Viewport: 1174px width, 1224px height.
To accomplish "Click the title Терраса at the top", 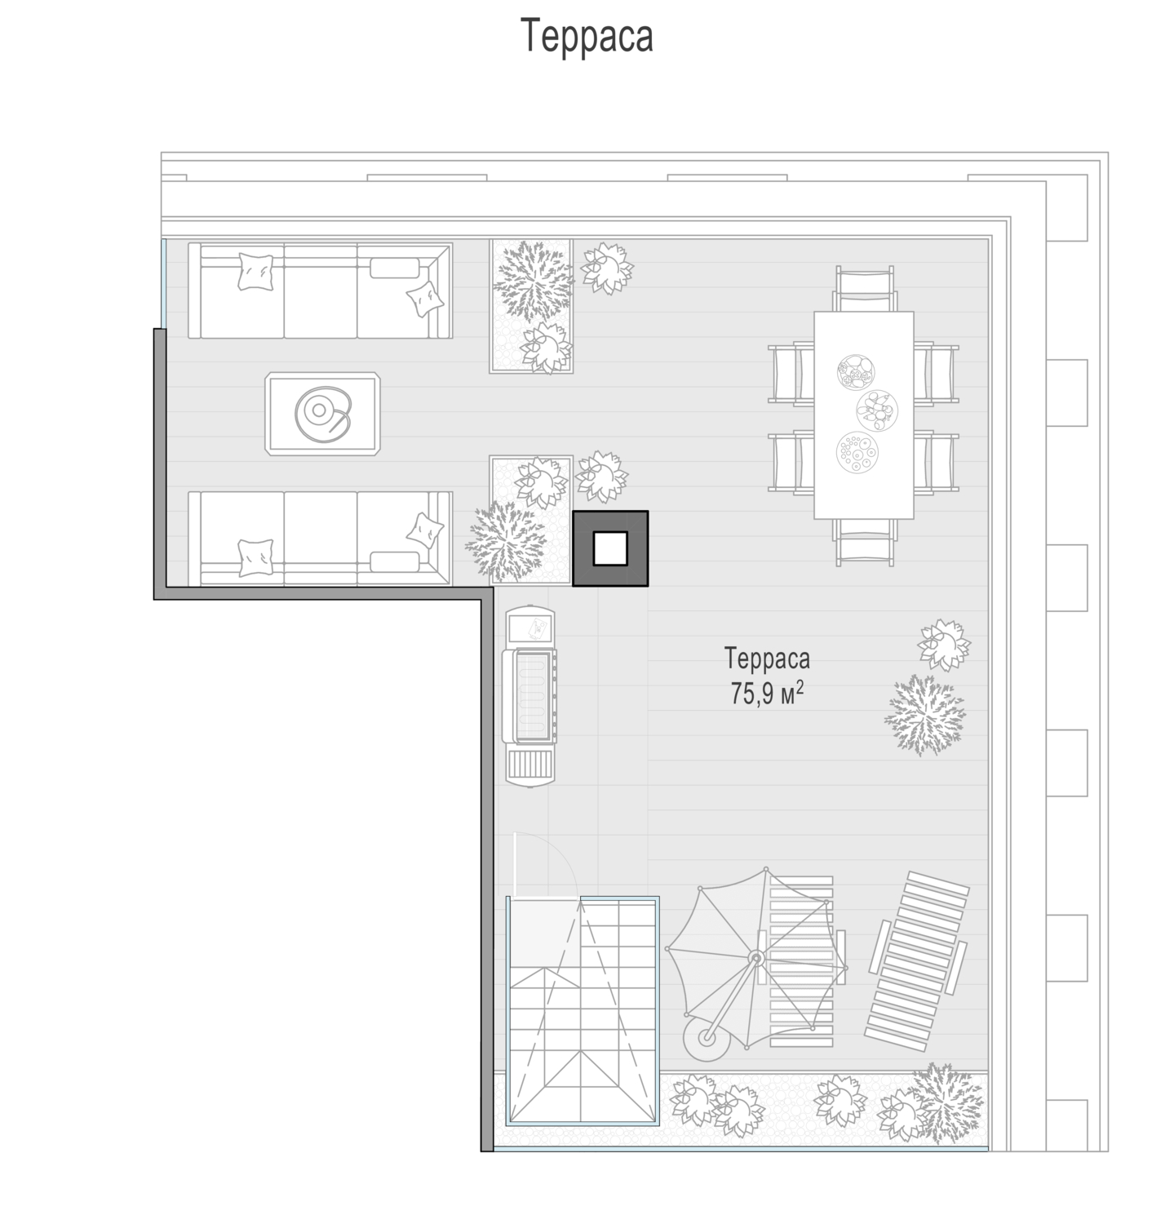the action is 587,36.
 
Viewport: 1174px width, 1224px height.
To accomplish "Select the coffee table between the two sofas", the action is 323,414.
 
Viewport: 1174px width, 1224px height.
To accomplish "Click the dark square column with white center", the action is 610,548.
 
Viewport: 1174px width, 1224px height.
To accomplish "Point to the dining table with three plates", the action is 864,415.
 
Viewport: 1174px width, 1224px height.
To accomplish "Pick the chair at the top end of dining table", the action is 864,289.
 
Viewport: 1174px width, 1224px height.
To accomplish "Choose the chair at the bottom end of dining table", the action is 865,541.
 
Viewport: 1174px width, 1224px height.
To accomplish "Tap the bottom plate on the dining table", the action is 857,451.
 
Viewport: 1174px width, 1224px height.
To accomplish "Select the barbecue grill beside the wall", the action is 531,696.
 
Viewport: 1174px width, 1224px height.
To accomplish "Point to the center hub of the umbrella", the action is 756,957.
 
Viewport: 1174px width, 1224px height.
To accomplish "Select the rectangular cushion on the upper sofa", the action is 394,268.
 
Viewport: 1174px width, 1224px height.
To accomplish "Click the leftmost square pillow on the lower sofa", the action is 256,558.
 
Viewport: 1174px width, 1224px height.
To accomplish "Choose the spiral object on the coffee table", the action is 321,411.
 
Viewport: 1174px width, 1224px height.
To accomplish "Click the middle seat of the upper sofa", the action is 321,290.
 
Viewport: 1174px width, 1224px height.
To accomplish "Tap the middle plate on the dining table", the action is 877,410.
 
